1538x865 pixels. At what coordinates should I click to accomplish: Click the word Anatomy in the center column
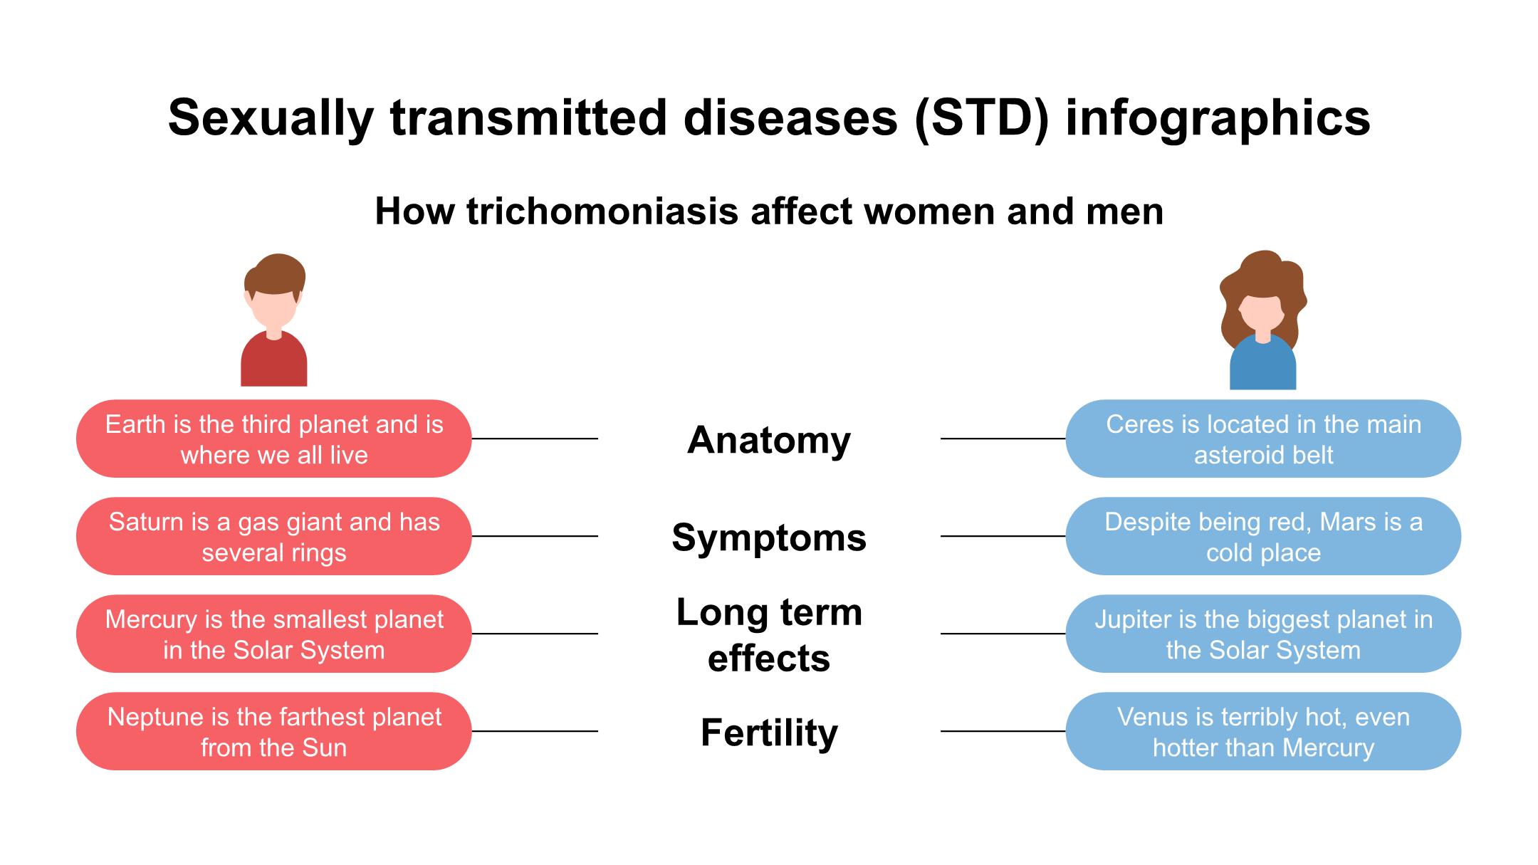(x=769, y=440)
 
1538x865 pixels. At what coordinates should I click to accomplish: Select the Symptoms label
(x=769, y=538)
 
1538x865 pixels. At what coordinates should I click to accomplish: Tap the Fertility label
(x=769, y=733)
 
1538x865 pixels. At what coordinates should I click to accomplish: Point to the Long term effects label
(x=769, y=635)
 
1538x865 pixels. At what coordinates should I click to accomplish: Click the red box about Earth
(x=274, y=439)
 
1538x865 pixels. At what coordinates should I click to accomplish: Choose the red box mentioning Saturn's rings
(x=274, y=536)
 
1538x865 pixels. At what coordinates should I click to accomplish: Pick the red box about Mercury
(x=274, y=634)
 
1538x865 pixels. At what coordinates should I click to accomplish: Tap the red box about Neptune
(x=274, y=731)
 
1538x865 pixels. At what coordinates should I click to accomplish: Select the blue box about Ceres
(x=1263, y=439)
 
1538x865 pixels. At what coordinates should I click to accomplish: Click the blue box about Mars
(x=1263, y=536)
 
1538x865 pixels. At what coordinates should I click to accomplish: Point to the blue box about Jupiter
(x=1263, y=634)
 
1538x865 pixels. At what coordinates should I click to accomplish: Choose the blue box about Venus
(x=1263, y=731)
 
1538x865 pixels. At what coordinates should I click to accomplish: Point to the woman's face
(x=1262, y=313)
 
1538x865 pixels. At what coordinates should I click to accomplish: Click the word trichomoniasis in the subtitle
(x=602, y=211)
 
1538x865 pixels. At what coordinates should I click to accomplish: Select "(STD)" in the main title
(x=982, y=117)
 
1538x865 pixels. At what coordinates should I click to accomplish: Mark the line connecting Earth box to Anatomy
(x=535, y=439)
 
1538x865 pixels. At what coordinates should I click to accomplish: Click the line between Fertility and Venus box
(x=1003, y=731)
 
